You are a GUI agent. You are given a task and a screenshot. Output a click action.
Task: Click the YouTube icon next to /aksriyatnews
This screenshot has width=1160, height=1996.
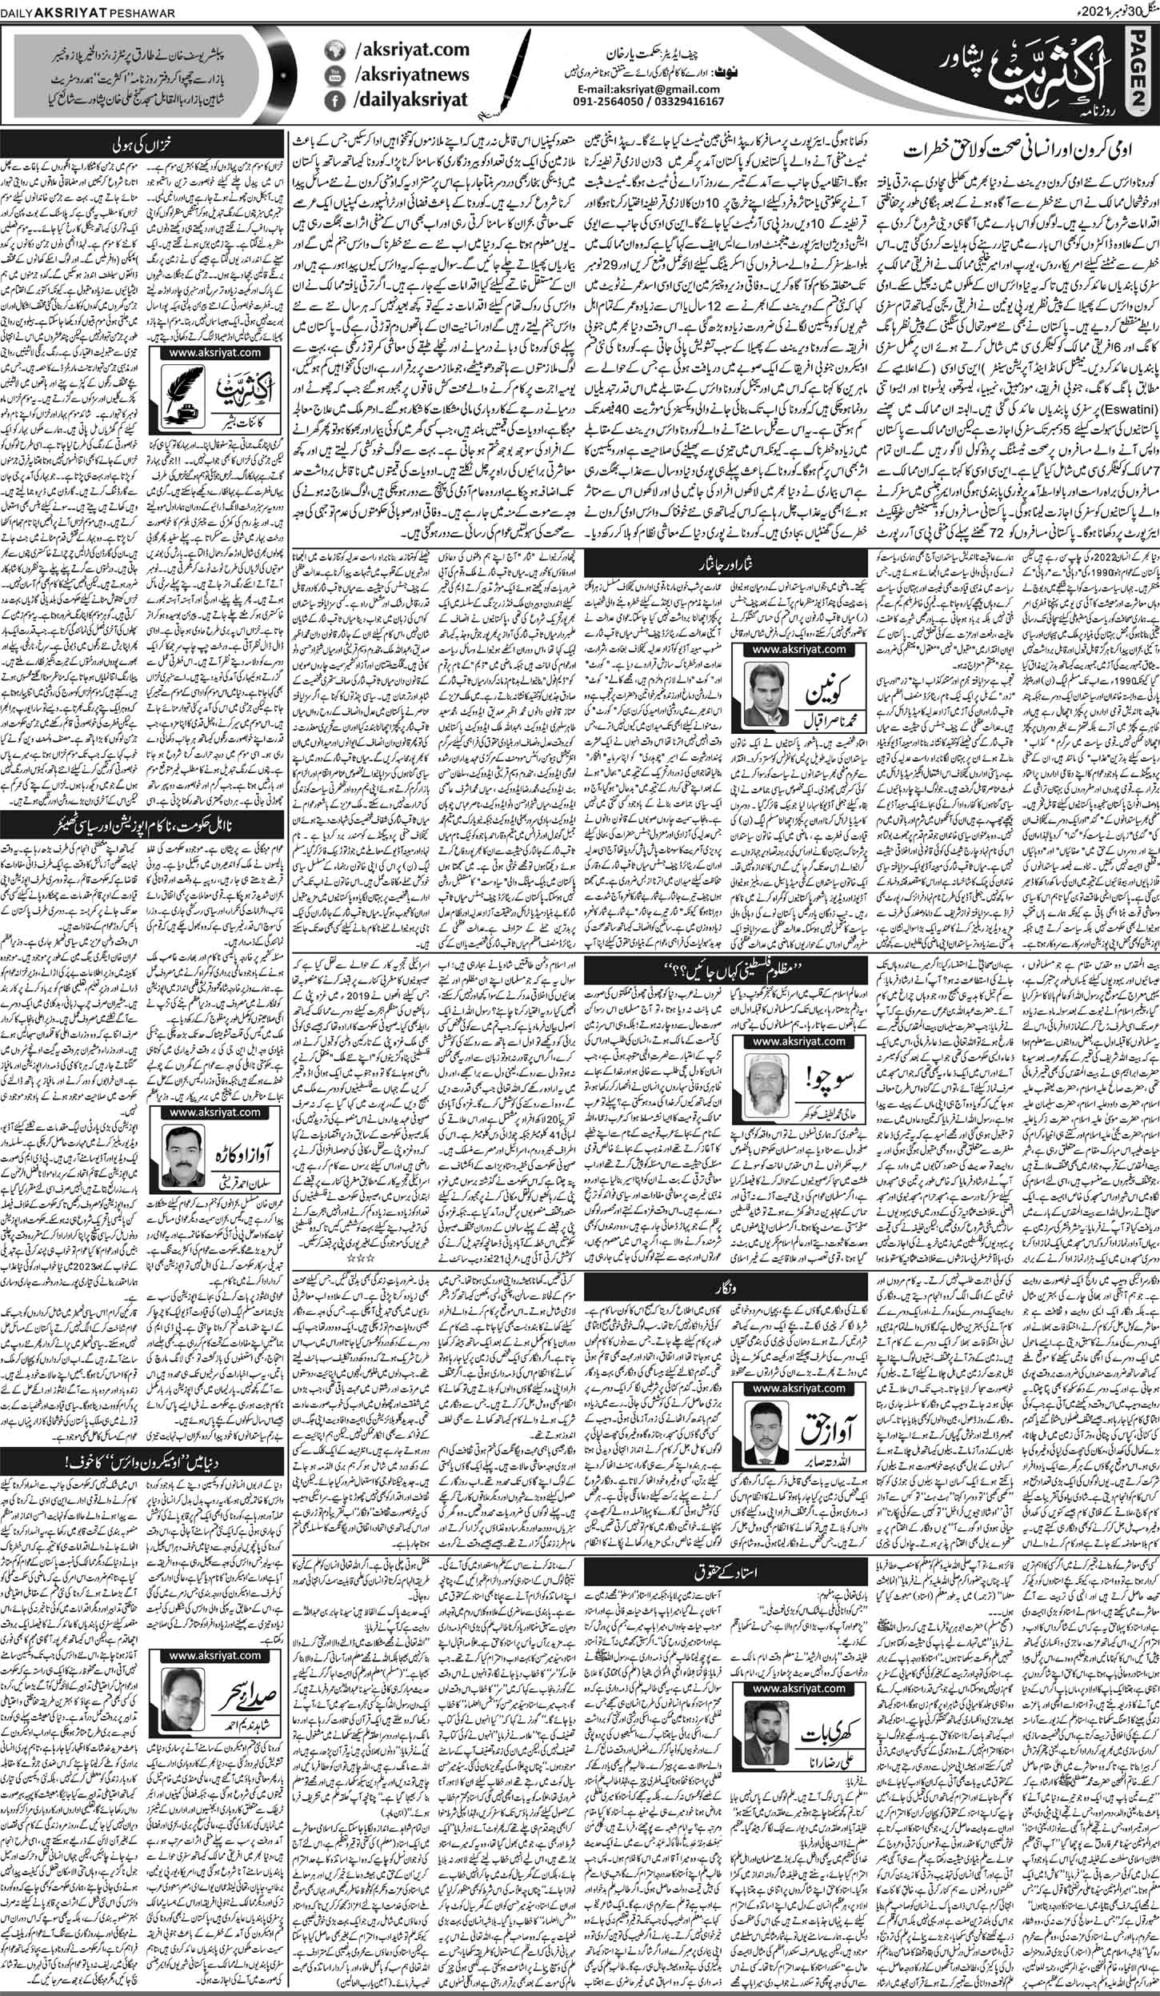[334, 75]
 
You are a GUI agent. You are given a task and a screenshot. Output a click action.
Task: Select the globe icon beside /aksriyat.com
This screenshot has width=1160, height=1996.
[334, 50]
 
